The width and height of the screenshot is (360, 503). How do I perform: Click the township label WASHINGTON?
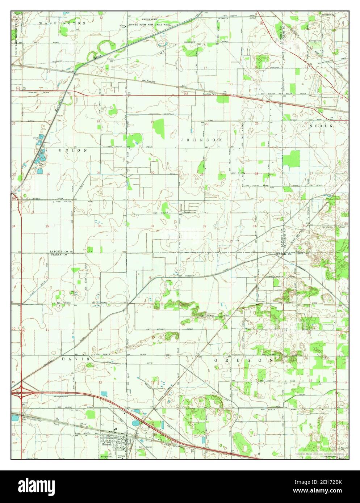[62, 23]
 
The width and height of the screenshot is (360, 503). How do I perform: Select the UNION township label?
[74, 150]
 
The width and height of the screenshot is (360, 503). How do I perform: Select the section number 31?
[152, 226]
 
